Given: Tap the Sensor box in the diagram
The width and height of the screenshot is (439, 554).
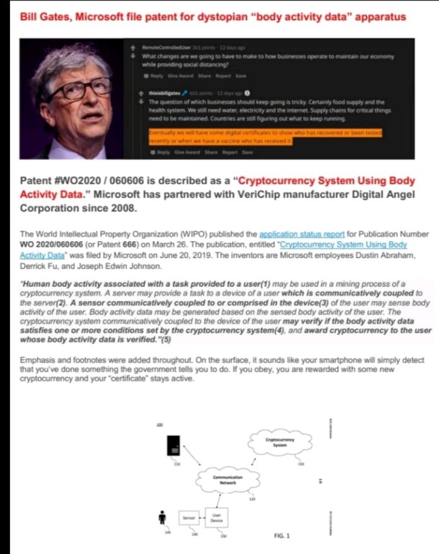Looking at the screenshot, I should (x=188, y=519).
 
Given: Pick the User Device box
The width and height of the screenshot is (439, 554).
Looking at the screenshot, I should (x=216, y=517).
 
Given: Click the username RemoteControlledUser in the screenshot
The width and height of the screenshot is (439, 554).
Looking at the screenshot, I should (x=161, y=47).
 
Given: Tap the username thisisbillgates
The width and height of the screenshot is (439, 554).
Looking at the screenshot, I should (x=161, y=93).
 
